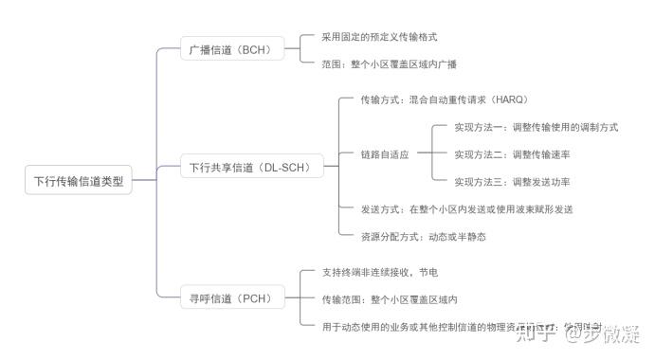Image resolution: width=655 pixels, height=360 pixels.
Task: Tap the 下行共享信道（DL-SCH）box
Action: point(250,168)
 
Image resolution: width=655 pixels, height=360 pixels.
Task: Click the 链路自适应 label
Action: point(384,154)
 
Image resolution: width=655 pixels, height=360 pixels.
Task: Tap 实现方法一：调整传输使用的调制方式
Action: point(536,127)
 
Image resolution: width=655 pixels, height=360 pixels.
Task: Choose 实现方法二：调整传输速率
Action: point(518,154)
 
